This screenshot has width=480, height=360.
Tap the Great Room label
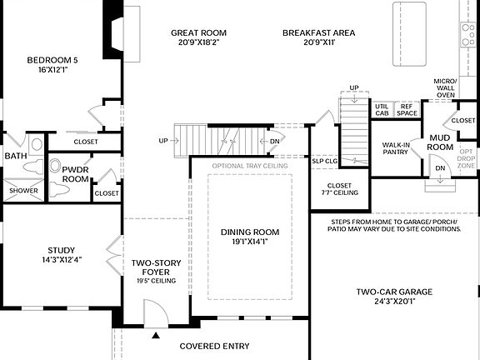point(198,33)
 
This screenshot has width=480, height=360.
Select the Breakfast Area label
point(318,33)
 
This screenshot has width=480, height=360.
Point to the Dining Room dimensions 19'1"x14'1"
point(249,243)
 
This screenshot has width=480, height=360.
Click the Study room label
point(62,250)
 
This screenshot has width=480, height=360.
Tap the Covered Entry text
point(216,345)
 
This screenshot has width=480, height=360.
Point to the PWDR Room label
point(75,173)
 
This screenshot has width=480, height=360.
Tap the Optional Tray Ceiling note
point(250,166)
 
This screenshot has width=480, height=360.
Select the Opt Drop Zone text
point(467,157)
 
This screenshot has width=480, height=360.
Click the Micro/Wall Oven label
point(445,88)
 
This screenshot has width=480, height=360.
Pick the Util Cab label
point(382,109)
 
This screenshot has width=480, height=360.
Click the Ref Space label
point(407,109)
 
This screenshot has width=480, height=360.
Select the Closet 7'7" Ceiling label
point(340,189)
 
